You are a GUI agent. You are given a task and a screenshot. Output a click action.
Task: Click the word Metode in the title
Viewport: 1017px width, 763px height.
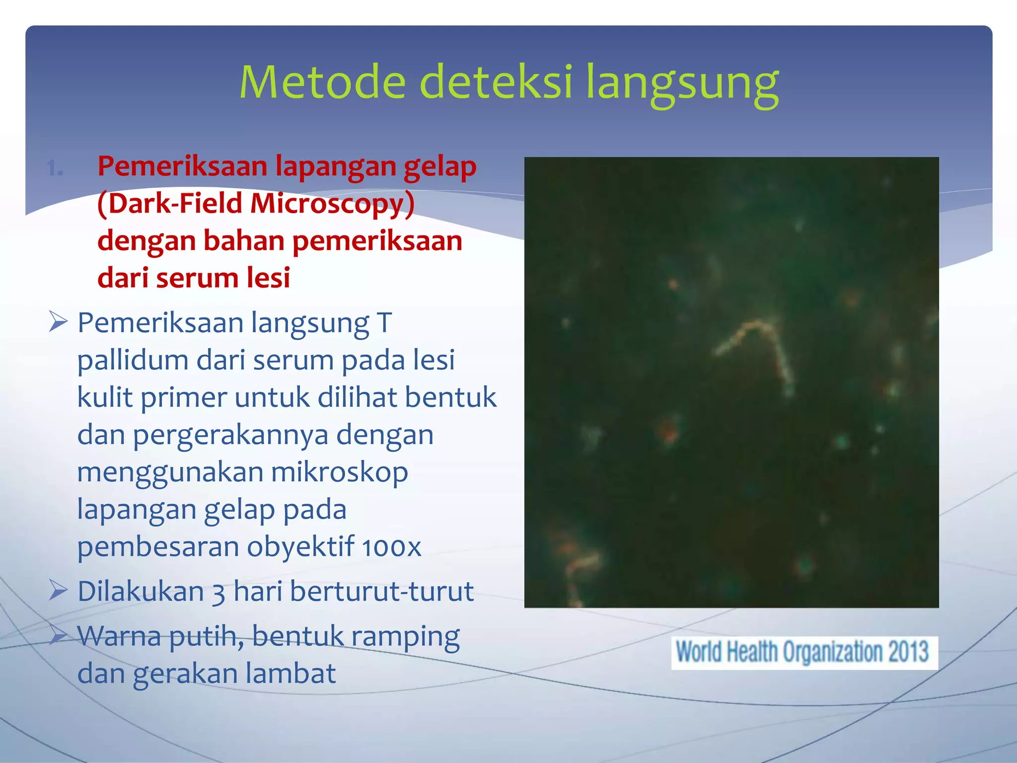click(322, 82)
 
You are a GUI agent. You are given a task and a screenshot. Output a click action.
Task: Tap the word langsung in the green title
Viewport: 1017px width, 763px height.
click(682, 82)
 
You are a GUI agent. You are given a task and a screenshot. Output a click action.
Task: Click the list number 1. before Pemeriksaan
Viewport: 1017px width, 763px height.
click(55, 169)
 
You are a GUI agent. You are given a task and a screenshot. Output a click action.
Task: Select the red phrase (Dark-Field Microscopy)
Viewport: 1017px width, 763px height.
click(256, 204)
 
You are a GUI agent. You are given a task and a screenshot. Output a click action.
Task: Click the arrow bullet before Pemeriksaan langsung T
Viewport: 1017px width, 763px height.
click(58, 322)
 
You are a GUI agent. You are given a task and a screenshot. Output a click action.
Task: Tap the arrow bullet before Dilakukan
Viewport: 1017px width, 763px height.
click(58, 591)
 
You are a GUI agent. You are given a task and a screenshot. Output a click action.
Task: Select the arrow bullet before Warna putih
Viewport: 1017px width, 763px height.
click(58, 635)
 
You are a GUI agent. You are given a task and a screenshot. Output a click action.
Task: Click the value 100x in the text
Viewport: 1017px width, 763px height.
click(391, 547)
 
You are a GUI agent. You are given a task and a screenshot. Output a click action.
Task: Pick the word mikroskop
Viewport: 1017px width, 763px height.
click(339, 472)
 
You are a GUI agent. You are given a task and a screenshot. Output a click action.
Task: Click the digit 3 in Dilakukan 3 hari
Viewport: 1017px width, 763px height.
click(218, 592)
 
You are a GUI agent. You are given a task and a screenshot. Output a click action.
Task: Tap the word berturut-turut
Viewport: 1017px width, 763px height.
click(381, 591)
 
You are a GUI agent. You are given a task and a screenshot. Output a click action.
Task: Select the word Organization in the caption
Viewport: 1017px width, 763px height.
click(833, 652)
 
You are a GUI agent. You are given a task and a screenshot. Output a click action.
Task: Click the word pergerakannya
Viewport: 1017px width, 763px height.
click(230, 435)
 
